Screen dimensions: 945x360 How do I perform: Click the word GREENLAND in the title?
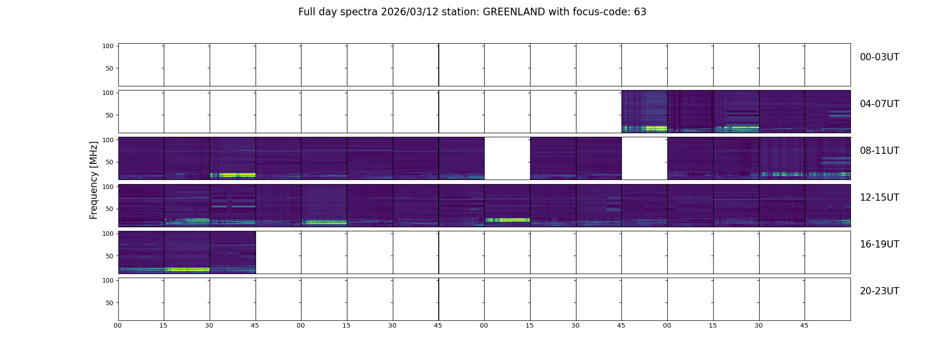514,12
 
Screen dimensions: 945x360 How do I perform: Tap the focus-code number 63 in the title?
640,12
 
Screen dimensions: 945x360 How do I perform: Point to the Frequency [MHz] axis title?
94,180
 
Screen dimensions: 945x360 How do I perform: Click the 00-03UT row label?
879,57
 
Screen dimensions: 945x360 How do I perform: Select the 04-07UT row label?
879,104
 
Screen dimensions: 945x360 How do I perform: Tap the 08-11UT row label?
879,151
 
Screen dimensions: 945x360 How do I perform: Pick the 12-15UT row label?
879,198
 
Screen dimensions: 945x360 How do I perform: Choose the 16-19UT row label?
879,244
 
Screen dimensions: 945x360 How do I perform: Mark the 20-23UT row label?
879,291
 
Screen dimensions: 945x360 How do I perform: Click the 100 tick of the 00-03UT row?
108,46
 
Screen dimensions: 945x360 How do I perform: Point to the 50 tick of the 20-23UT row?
110,303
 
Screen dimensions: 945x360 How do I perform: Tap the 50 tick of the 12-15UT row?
110,209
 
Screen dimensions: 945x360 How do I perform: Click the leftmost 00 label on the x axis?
118,325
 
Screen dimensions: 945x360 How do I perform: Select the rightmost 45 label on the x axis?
804,325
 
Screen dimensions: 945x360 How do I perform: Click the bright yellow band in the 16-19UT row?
187,270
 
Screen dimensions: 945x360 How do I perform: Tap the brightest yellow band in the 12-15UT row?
507,220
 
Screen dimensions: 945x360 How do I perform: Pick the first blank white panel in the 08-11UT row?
507,158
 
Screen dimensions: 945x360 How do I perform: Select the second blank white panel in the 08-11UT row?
644,158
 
